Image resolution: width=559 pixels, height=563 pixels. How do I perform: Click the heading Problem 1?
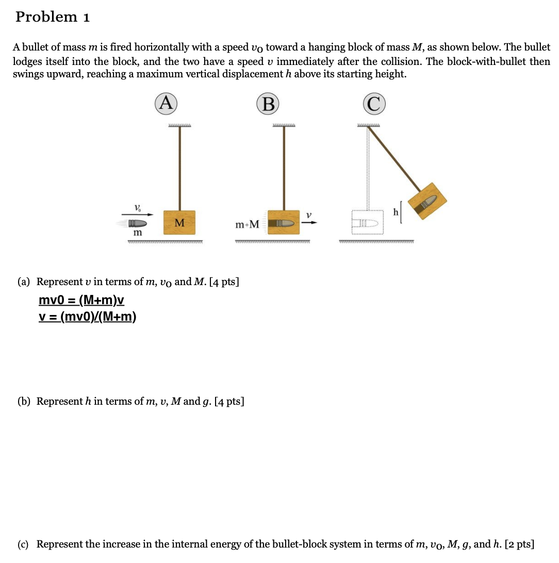coord(53,17)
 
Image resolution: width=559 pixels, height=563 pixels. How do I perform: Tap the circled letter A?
coord(165,103)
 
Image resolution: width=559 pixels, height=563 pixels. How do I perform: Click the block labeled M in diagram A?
coord(179,223)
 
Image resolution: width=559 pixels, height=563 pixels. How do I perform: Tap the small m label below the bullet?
coord(137,233)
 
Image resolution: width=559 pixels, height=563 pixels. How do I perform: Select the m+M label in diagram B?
coord(247,225)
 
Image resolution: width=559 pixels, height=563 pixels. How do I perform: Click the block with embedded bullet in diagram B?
coord(283,223)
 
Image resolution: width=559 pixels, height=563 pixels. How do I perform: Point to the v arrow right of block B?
coord(309,222)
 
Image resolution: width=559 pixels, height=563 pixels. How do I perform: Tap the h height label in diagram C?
coord(396,212)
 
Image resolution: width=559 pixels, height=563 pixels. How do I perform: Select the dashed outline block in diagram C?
coord(369,223)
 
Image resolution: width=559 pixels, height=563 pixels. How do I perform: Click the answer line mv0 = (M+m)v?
coord(81,301)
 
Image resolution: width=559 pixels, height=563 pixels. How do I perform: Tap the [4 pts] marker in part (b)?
coord(229,401)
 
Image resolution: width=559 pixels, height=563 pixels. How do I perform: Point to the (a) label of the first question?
coord(24,282)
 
